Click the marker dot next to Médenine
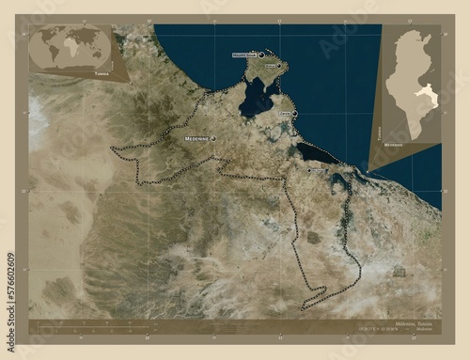coord(213,138)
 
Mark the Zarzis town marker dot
coord(294,115)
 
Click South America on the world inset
coord(49,52)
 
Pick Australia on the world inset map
coord(102,55)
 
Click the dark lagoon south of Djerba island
coord(254,96)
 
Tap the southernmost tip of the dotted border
coord(303,308)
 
